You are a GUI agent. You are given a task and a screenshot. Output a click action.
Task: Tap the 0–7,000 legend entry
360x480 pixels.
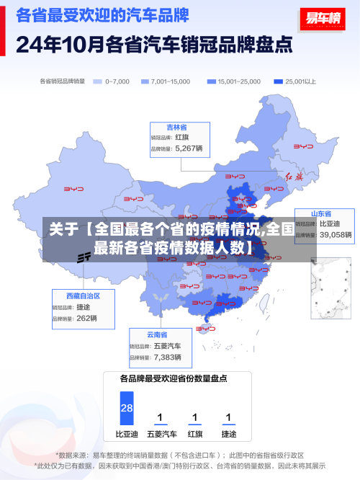[112, 81]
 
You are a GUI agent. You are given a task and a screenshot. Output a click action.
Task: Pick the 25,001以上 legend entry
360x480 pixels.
[296, 81]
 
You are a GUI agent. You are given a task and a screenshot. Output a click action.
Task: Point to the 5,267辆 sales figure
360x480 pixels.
[189, 148]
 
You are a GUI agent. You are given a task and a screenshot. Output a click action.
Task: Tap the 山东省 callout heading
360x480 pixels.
[321, 213]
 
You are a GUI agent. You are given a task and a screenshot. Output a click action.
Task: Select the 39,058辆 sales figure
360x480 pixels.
[336, 234]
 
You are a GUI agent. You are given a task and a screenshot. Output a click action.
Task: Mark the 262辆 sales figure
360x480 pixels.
[86, 318]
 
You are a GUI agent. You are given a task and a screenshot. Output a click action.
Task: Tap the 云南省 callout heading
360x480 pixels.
[157, 334]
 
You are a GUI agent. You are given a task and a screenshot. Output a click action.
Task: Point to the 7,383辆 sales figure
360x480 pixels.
[168, 357]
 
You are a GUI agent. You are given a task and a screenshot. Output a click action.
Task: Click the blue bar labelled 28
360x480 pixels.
[127, 408]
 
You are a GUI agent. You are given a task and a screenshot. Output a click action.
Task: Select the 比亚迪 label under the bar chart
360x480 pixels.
[127, 434]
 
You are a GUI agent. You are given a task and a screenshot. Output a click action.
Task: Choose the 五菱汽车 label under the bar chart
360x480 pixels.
[161, 434]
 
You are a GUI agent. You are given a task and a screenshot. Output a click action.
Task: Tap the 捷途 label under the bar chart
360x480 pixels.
[228, 434]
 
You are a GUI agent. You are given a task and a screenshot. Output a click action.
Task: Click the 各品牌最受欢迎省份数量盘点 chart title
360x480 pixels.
[174, 378]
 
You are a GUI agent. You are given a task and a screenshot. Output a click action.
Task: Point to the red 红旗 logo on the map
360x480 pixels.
[295, 176]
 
